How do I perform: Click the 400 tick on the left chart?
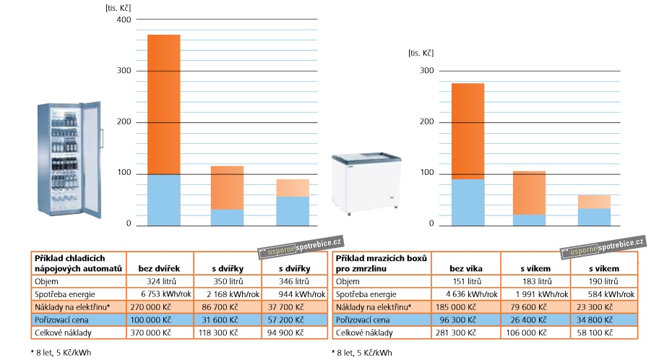[123, 20]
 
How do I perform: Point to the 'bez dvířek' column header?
[159, 268]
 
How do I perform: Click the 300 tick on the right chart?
[427, 71]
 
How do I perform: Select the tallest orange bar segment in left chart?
[163, 104]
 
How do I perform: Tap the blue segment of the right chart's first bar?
[468, 202]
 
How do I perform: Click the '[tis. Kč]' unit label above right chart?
[421, 53]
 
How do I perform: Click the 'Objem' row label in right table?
[348, 281]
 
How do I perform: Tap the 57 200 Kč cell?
[285, 320]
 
